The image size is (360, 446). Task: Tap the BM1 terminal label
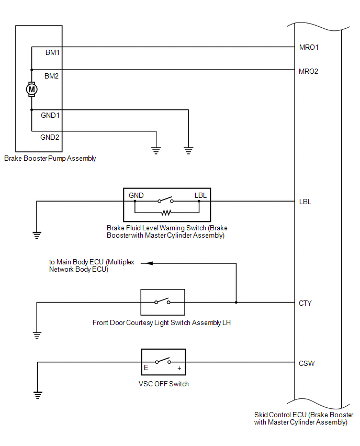click(52, 53)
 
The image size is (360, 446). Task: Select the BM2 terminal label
click(52, 76)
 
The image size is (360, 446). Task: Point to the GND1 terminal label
click(50, 116)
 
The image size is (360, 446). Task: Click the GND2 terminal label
click(50, 138)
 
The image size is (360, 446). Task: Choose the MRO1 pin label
click(308, 48)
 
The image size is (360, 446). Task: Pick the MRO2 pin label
click(308, 71)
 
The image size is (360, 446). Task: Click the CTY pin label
click(305, 303)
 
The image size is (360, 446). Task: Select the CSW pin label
click(307, 363)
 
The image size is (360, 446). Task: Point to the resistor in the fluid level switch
click(166, 213)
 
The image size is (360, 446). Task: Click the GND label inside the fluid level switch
click(137, 196)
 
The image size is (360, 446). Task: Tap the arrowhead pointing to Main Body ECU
click(149, 263)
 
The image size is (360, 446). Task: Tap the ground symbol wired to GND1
click(188, 151)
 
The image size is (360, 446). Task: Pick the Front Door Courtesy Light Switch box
click(162, 302)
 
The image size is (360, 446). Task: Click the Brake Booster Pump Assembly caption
click(50, 159)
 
